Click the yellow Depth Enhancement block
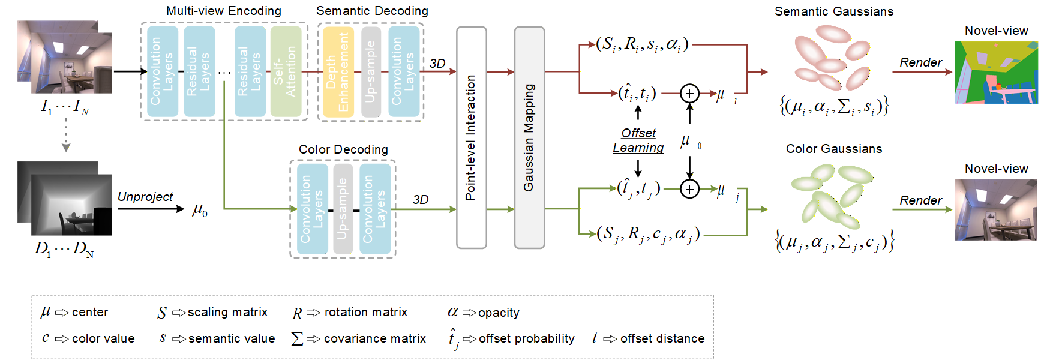click(x=338, y=71)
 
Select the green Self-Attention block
click(x=286, y=71)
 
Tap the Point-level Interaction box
click(x=471, y=137)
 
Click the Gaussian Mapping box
click(x=529, y=137)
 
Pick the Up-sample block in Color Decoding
click(x=343, y=209)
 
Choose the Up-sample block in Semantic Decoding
click(x=371, y=71)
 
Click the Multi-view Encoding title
click(x=223, y=11)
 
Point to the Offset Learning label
click(x=638, y=140)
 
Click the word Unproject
click(x=145, y=197)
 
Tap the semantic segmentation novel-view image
click(x=996, y=73)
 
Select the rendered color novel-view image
click(x=996, y=209)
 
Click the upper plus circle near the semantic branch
click(x=689, y=93)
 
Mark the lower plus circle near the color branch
click(x=689, y=189)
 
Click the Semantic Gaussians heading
click(x=833, y=11)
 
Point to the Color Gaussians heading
click(x=834, y=149)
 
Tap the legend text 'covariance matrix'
click(x=374, y=338)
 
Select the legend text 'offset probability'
click(x=526, y=338)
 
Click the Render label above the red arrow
click(x=920, y=62)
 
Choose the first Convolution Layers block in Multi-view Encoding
click(x=163, y=71)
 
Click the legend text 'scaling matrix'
click(x=227, y=312)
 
